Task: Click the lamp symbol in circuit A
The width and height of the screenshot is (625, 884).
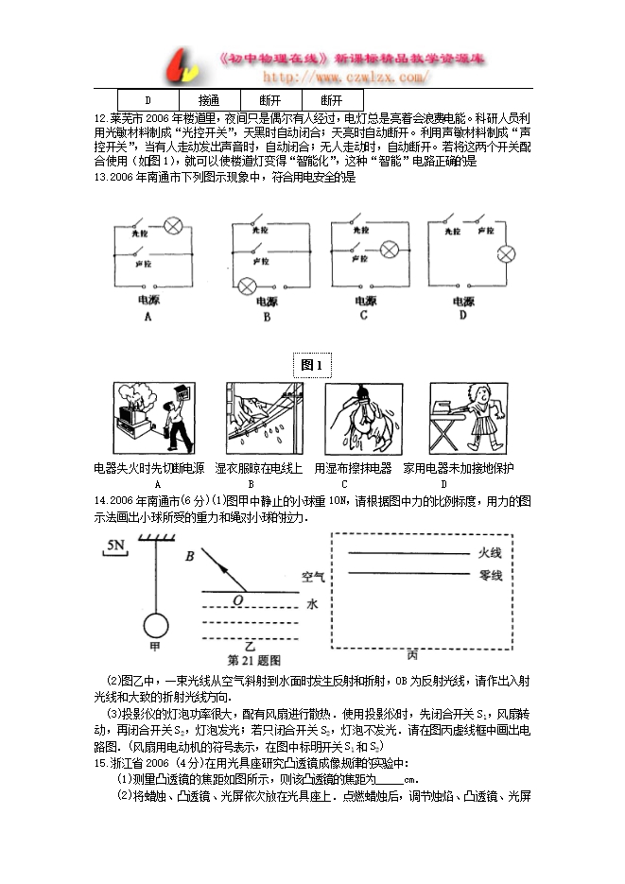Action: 174,225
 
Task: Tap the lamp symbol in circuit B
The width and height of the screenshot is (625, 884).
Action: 249,286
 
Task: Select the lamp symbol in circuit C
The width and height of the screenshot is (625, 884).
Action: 389,250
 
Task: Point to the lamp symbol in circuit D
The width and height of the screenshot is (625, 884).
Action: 508,254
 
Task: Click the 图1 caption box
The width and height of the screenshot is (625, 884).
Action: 312,365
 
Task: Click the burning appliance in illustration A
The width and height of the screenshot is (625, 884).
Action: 132,416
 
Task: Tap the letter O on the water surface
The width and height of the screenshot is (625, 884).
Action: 237,599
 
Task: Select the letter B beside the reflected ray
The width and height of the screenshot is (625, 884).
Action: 189,557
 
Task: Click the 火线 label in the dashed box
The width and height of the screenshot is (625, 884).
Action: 490,553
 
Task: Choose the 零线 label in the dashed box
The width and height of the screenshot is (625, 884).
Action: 490,575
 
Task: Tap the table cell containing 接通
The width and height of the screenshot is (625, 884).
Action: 209,99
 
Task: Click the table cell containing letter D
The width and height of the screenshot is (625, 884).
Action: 148,99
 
